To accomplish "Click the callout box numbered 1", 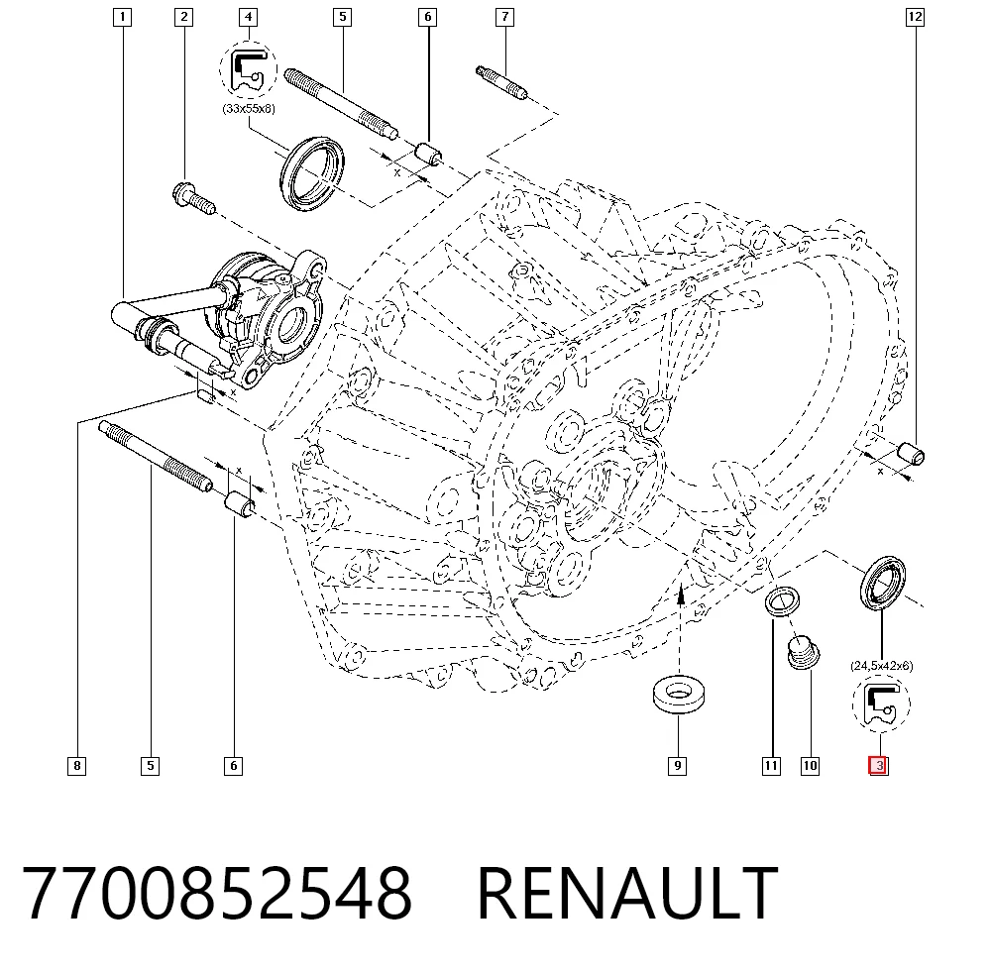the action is (x=122, y=17).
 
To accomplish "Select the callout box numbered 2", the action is (x=184, y=17).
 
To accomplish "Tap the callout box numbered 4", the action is (x=249, y=17).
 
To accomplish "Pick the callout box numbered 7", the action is (x=505, y=17).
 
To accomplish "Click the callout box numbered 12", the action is (x=915, y=17).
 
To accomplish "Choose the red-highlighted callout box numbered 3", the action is (x=878, y=766).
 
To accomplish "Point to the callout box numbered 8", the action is (x=77, y=766).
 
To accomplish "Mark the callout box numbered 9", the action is (x=678, y=766).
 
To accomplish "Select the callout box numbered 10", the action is (x=810, y=766).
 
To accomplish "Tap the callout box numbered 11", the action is (x=771, y=766).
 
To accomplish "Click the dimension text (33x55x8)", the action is (x=249, y=109).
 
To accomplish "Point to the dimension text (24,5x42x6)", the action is (x=882, y=666).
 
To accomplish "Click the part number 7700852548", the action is (x=217, y=893).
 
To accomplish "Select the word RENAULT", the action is (x=627, y=893).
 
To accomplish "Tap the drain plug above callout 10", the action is (x=804, y=652).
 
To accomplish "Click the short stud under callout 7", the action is (x=501, y=83).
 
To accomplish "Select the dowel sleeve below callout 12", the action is (x=911, y=454).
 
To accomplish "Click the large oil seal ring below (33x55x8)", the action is (x=311, y=173).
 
